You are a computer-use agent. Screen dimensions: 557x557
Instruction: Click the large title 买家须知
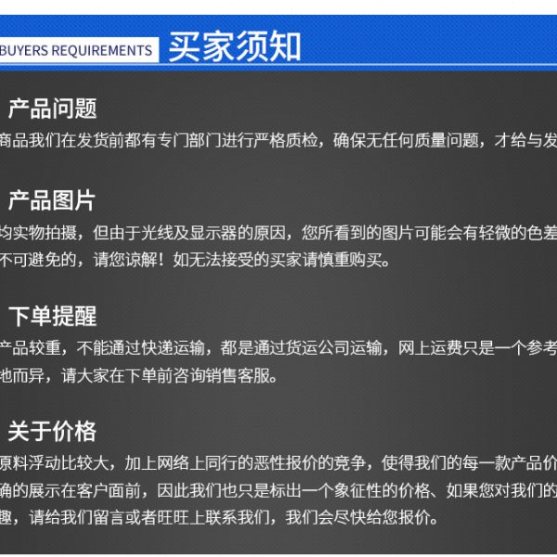[x=235, y=46]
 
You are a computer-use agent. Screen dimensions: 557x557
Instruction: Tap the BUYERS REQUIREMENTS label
[x=76, y=50]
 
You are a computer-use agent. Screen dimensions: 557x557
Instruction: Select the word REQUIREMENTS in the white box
[x=102, y=50]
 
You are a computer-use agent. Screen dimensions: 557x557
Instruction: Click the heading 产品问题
[x=53, y=109]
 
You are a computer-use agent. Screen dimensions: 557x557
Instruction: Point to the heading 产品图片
[x=52, y=201]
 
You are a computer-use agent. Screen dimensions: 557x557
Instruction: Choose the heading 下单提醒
[x=53, y=317]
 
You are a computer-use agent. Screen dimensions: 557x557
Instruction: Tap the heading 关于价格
[x=52, y=432]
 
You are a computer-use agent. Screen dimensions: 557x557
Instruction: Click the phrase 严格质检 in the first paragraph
[x=286, y=140]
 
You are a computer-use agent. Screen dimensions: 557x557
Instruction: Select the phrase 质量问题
[x=447, y=140]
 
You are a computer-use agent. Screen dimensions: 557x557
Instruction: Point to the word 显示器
[x=214, y=233]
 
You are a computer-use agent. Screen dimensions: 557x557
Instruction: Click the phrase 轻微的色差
[x=518, y=233]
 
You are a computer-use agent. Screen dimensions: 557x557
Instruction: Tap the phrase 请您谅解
[x=124, y=260]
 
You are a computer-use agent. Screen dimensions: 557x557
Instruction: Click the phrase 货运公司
[x=317, y=348]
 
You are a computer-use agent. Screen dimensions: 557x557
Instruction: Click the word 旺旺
[x=173, y=518]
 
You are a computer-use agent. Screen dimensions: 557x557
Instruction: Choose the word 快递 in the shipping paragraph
[x=157, y=348]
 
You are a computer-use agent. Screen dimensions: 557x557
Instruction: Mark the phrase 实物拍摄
[x=45, y=233]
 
